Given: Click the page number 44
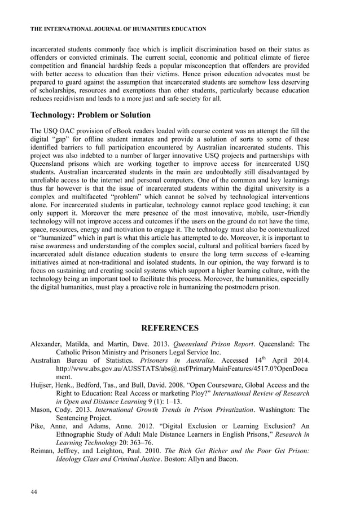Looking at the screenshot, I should click(33, 493).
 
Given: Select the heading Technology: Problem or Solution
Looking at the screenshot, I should click(90, 115).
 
